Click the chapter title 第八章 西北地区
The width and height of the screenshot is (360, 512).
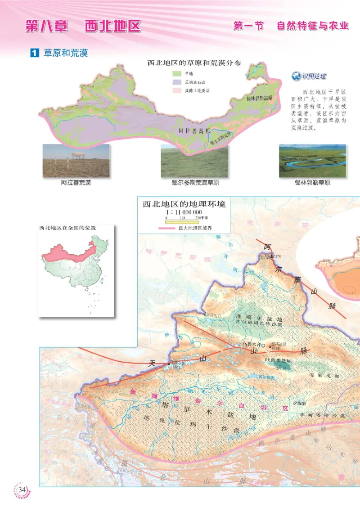pos(83,26)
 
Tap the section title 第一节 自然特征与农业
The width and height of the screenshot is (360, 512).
pos(291,26)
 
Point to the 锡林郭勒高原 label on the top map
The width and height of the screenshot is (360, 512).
pos(259,97)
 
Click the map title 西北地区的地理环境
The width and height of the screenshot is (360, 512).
pos(184,204)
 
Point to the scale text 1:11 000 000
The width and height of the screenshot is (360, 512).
pos(184,212)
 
